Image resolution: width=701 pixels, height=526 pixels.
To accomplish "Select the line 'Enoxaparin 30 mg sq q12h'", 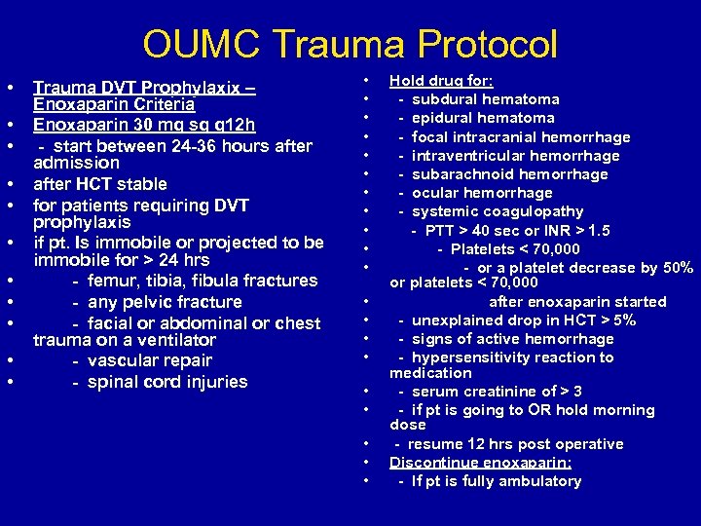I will pos(145,125).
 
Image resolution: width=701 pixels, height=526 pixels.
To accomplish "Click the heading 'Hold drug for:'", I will pos(441,81).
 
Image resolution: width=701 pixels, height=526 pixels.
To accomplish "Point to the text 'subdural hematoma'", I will pos(485,99).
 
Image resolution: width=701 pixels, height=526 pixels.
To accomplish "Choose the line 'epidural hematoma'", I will pos(483,118).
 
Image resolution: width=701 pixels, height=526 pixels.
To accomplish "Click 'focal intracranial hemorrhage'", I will pos(520,137).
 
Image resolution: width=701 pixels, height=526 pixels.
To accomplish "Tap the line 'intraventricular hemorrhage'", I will pos(515,156).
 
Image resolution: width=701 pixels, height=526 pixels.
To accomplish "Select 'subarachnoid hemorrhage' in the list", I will pos(509,174).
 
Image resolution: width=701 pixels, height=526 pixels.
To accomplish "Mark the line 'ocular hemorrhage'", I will pos(482,193).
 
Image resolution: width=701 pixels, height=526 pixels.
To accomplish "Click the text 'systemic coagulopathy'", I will pos(498,211).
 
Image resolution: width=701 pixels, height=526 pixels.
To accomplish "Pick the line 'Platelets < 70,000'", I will pos(515,249).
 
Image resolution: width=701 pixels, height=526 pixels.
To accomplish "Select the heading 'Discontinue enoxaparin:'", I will pos(480,463).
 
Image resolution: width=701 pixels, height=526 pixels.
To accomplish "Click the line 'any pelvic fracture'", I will pos(164,302).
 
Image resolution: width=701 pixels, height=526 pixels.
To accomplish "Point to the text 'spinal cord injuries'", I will pos(166,382).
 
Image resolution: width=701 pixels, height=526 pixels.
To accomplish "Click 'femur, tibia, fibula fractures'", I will pos(202,281).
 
